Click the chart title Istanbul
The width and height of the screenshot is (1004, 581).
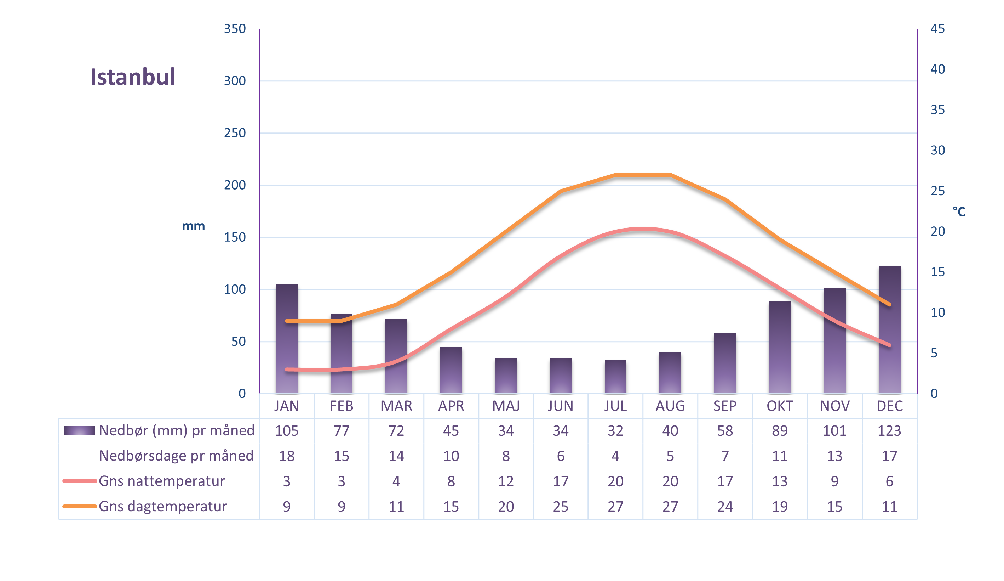133,77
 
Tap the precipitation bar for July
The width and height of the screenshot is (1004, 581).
615,377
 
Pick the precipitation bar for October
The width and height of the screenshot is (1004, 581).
780,347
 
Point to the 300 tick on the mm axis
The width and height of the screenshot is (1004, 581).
235,81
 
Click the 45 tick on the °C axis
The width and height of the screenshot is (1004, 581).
937,29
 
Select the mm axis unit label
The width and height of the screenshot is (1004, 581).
193,226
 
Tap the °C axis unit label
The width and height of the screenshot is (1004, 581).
959,211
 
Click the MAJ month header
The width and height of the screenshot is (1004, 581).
506,406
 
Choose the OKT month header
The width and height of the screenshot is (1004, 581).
780,406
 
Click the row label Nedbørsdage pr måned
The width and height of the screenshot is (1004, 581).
176,456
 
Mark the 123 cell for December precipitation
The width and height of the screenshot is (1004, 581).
889,431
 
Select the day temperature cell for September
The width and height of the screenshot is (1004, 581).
725,507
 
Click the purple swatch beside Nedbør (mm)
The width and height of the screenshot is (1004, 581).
79,431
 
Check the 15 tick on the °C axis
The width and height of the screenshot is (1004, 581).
937,272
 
